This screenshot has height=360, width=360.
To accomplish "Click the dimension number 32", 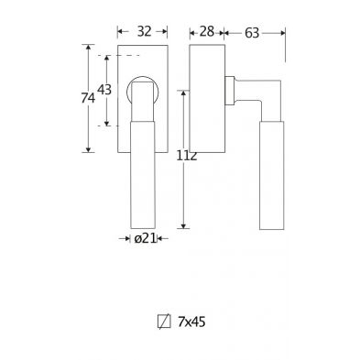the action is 144,31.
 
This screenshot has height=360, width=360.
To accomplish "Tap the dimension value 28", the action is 207,31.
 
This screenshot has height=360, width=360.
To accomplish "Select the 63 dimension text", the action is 252,33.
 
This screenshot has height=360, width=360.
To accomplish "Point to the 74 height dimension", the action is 88,98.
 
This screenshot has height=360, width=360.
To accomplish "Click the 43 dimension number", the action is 104,90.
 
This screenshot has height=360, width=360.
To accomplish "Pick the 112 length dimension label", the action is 187,156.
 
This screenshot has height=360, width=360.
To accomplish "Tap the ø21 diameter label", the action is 145,238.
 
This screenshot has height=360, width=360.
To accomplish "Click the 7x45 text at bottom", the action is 191,322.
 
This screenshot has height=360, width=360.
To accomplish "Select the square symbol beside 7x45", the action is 164,322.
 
